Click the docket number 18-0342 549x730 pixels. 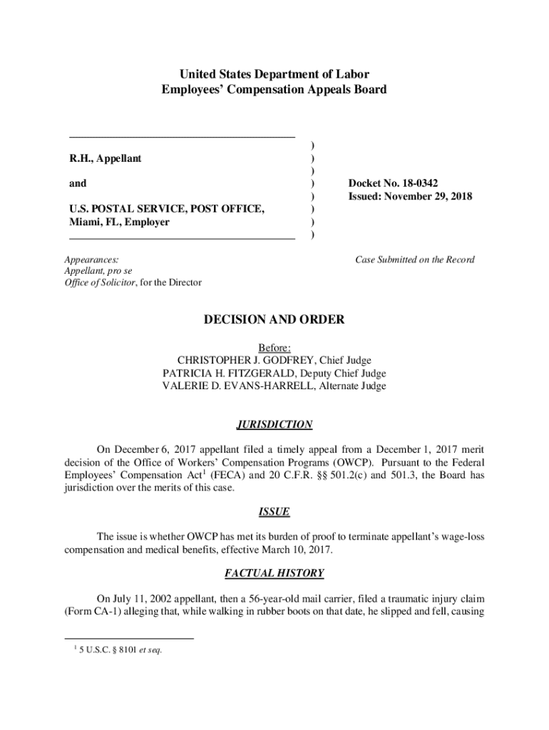(x=414, y=183)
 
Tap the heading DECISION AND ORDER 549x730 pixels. (x=274, y=320)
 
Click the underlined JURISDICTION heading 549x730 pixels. (x=274, y=425)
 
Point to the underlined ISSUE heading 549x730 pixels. (x=274, y=512)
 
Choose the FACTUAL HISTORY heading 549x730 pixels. (x=274, y=572)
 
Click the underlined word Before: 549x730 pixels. (x=274, y=348)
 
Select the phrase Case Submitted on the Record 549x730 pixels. (x=414, y=259)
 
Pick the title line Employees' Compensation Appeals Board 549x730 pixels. (x=274, y=90)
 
